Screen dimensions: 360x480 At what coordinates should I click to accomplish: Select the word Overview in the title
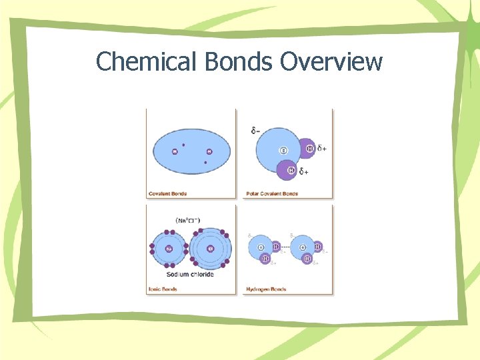(x=331, y=62)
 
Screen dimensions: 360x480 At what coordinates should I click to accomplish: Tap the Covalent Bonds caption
(x=167, y=194)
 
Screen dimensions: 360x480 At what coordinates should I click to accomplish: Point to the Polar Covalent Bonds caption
(x=272, y=194)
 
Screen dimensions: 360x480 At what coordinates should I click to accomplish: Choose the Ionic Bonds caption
(x=162, y=289)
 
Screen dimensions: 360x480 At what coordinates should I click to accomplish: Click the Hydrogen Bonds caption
(x=266, y=289)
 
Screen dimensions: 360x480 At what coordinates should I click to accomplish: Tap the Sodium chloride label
(x=191, y=274)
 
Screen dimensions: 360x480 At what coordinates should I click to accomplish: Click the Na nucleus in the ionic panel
(x=169, y=249)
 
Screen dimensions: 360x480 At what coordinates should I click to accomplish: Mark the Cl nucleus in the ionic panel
(x=210, y=249)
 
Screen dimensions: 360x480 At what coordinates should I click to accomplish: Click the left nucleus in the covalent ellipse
(x=175, y=152)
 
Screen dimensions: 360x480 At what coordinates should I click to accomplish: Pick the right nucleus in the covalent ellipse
(x=209, y=152)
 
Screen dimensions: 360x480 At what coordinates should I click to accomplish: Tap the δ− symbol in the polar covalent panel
(x=256, y=131)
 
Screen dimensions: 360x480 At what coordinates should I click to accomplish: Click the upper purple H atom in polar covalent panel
(x=309, y=148)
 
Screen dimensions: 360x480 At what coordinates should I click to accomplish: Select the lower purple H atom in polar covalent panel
(x=291, y=170)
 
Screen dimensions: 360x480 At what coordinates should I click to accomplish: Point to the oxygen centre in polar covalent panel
(x=283, y=151)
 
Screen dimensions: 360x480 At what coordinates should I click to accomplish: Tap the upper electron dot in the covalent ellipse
(x=183, y=144)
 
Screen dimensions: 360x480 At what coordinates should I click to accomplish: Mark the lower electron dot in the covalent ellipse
(x=205, y=162)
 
